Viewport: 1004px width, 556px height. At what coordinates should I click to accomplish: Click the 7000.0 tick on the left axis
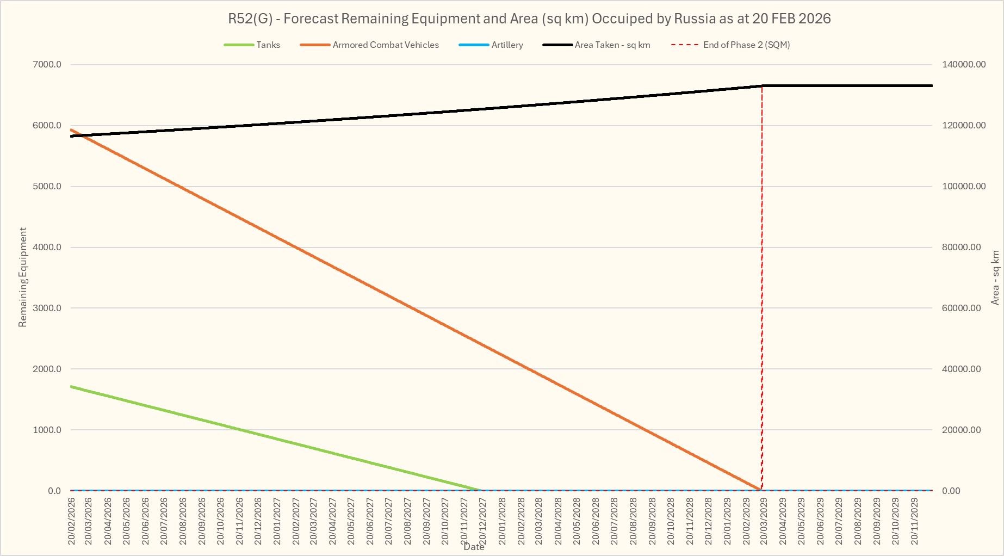(47, 65)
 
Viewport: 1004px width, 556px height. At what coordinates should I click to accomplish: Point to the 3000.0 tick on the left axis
(47, 308)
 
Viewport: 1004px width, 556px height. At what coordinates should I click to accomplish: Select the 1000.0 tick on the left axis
(47, 430)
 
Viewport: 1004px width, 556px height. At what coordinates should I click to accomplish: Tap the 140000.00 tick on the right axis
(964, 65)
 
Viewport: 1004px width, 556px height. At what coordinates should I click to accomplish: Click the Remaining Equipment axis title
(23, 277)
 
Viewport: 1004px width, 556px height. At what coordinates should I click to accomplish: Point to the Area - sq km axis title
(995, 277)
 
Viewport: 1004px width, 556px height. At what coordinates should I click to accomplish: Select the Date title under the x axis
(474, 547)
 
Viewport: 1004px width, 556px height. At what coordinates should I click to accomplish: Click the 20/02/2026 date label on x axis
(72, 521)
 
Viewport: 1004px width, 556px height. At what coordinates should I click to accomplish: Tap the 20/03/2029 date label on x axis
(764, 521)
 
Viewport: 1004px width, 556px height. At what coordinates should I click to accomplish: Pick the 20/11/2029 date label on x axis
(915, 521)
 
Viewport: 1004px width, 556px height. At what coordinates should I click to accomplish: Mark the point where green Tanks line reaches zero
(481, 490)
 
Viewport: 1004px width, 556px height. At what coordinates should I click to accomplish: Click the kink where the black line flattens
(762, 85)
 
